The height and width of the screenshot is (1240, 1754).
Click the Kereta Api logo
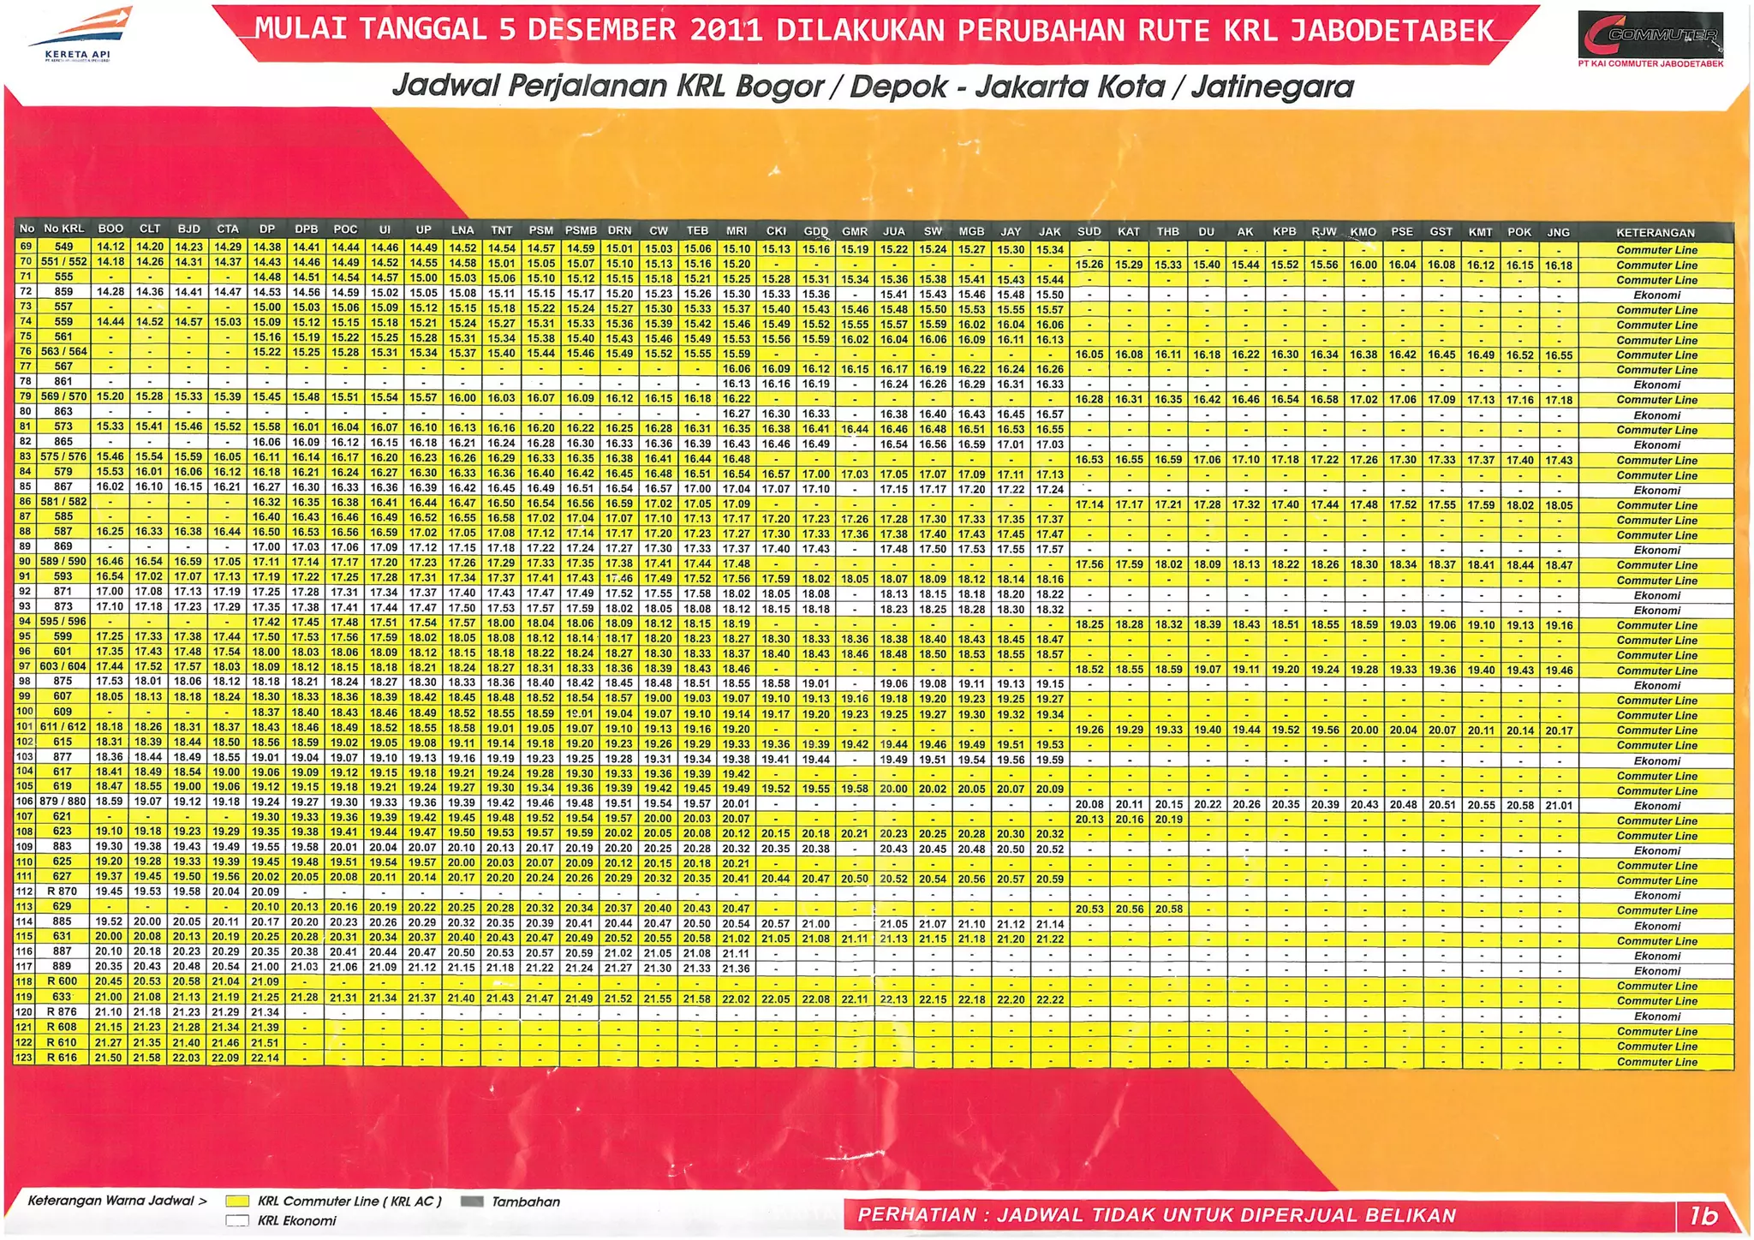click(x=80, y=34)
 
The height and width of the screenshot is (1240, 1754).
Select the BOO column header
click(x=110, y=230)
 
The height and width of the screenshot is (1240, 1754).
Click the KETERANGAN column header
click(x=1655, y=232)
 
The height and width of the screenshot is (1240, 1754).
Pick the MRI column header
click(x=736, y=230)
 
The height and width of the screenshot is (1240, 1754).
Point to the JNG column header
click(x=1558, y=232)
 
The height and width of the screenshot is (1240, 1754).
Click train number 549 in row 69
click(x=64, y=247)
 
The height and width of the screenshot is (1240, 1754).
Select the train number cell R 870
click(x=63, y=891)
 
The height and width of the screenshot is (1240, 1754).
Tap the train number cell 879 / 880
click(x=63, y=802)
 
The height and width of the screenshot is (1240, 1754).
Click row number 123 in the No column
click(x=24, y=1058)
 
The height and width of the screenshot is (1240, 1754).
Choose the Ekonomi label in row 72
click(x=1656, y=295)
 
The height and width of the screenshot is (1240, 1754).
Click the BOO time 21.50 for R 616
click(x=109, y=1058)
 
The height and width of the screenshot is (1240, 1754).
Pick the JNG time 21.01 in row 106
click(x=1559, y=805)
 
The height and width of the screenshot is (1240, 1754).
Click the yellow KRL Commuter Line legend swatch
click(x=237, y=1201)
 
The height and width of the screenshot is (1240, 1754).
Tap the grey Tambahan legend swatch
click(x=472, y=1201)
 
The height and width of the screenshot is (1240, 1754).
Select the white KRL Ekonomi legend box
click(x=237, y=1221)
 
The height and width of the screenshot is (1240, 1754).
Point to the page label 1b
click(x=1703, y=1215)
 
